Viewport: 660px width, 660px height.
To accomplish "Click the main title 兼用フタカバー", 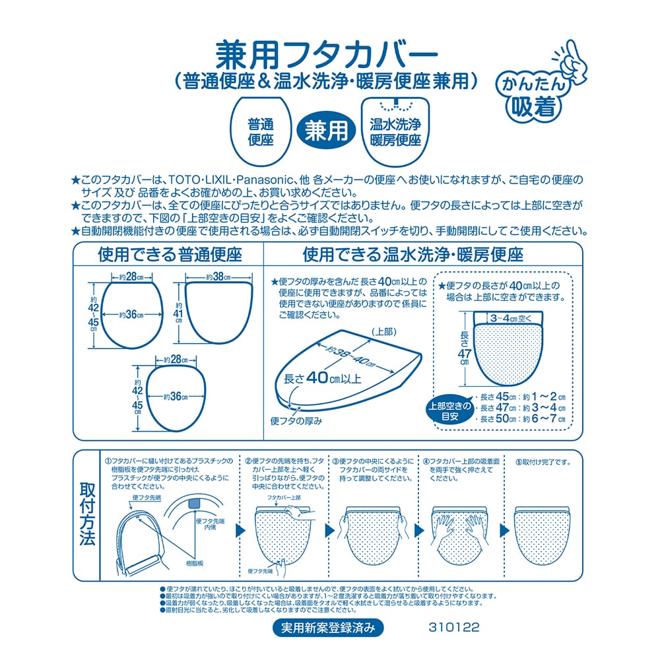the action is [x=327, y=55].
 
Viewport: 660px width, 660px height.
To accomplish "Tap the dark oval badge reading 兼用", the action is [x=326, y=130].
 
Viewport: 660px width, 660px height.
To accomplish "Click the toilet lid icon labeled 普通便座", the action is [x=261, y=131].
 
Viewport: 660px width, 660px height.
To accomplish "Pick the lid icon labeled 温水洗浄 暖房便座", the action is [x=395, y=131].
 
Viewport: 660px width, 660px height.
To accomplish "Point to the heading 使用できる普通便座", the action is [x=170, y=254].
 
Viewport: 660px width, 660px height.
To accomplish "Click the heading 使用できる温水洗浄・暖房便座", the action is [x=413, y=254].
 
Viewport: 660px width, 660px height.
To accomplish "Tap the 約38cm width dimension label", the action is [x=218, y=277].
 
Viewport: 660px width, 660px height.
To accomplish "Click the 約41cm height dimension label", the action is [x=178, y=313].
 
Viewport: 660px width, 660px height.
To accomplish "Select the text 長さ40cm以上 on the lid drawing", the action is [x=323, y=378].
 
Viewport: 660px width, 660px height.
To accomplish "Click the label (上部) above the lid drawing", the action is [x=384, y=332].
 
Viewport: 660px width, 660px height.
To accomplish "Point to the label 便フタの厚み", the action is [x=296, y=420].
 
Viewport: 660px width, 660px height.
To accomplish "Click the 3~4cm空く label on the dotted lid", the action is [x=511, y=319].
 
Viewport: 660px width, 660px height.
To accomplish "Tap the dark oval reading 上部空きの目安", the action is [x=449, y=411].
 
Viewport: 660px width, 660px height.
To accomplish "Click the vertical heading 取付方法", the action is [x=88, y=514].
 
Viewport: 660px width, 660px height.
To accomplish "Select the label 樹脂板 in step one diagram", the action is [x=195, y=563].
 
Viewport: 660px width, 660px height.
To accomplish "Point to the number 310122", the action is [x=454, y=628].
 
